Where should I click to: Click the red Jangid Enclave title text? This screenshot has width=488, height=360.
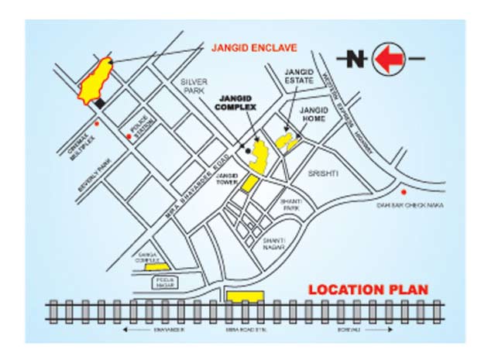254,48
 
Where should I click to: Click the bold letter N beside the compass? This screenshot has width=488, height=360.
355,59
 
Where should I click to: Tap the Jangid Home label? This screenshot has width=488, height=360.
314,115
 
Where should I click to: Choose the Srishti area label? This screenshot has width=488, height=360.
325,173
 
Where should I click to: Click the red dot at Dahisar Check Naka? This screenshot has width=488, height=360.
403,191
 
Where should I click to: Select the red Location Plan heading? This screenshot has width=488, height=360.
368,290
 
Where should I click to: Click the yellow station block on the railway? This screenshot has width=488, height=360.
245,296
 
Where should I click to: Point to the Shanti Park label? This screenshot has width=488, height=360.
290,204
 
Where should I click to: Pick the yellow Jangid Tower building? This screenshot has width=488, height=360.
249,183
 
